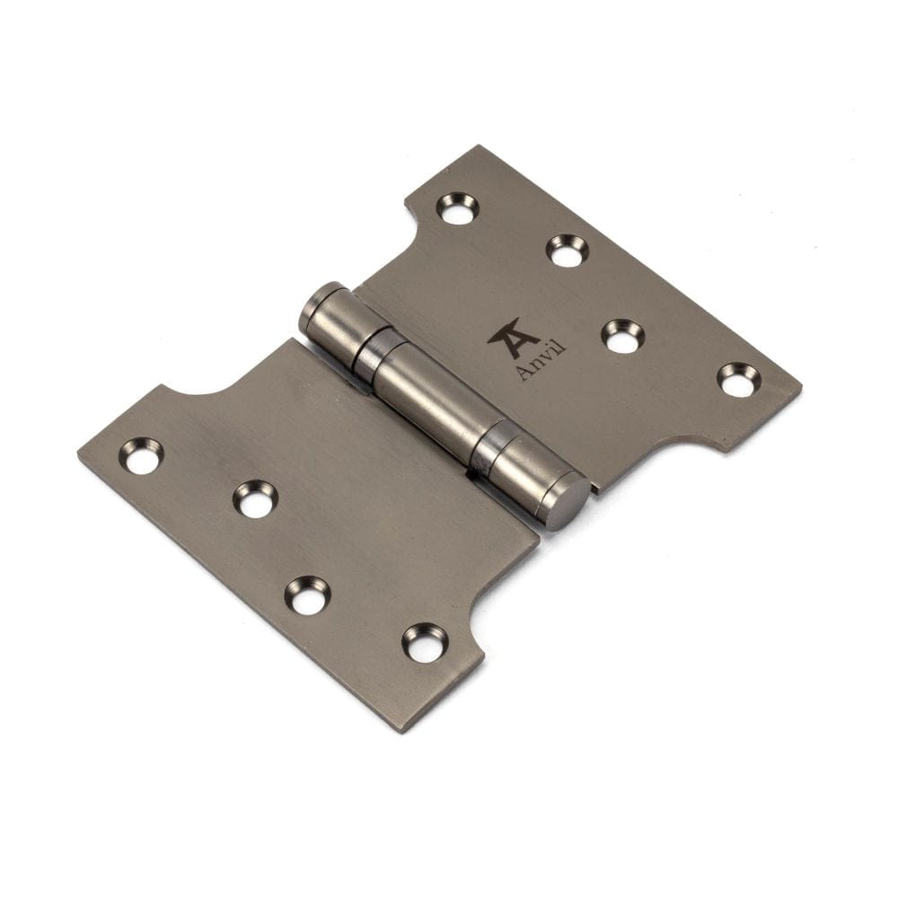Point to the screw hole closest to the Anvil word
[622, 335]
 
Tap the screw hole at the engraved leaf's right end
[738, 379]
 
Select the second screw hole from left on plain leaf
[255, 499]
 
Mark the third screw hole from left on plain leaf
[307, 595]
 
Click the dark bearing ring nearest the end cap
[488, 446]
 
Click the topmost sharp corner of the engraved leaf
[480, 146]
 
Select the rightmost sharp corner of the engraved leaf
[801, 389]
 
